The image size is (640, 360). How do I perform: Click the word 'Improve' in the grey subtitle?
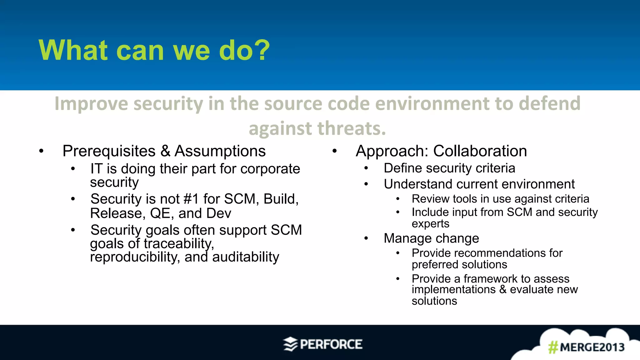[x=91, y=104]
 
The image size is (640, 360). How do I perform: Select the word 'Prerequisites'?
[x=109, y=151]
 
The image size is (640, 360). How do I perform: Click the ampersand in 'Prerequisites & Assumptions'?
[x=165, y=151]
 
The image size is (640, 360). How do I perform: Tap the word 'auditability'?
[x=245, y=257]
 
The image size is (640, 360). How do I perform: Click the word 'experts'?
[x=430, y=224]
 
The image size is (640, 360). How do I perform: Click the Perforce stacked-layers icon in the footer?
[x=290, y=344]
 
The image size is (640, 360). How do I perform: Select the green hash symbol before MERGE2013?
[x=553, y=347]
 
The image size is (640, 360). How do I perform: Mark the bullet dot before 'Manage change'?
[x=366, y=239]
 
